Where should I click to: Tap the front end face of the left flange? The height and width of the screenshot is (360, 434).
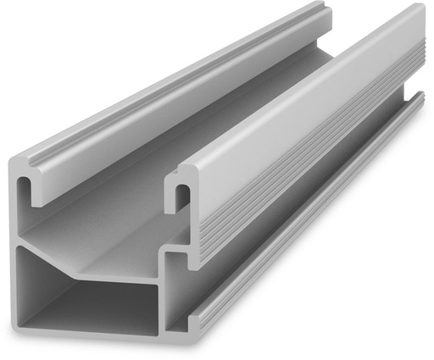[x=51, y=165]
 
